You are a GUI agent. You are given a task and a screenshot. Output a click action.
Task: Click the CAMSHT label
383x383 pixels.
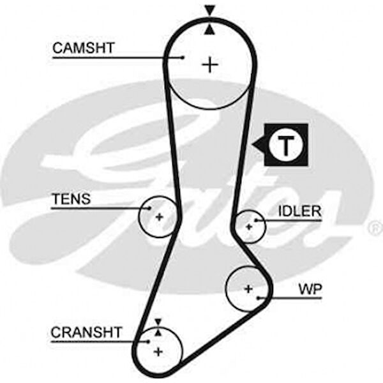pos(83,48)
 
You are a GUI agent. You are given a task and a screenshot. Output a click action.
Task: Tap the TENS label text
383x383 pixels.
pos(71,199)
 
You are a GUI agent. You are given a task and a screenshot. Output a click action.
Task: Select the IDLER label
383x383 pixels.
pos(299,212)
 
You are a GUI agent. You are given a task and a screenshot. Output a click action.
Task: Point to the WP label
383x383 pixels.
pos(310,289)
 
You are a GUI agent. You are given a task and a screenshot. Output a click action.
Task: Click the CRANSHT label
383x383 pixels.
pos(86,333)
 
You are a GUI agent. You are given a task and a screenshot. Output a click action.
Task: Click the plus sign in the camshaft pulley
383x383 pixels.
pos(209,64)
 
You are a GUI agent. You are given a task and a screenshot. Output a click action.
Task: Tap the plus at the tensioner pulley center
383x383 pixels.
pos(159,216)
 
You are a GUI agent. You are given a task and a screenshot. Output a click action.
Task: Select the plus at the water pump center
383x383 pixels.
pos(248,288)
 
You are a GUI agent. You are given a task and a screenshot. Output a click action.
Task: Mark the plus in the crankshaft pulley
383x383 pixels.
pos(158,351)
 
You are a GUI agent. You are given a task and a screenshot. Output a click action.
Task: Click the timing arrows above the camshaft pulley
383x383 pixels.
pos(209,19)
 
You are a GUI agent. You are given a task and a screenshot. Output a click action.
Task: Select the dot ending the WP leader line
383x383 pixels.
pos(259,297)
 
